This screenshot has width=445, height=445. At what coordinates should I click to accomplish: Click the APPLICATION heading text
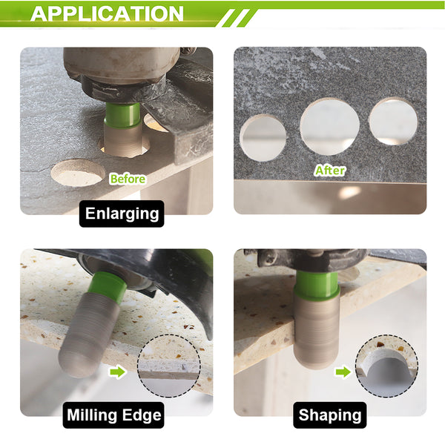[107, 13]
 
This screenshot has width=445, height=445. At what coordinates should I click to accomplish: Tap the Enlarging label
[122, 214]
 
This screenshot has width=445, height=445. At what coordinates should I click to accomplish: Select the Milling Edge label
[113, 415]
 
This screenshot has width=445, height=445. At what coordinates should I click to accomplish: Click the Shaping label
[330, 415]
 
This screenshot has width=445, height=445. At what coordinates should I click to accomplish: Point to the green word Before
[128, 179]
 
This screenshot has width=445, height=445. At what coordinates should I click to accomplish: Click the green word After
[330, 171]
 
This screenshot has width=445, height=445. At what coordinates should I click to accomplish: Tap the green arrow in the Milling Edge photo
[117, 372]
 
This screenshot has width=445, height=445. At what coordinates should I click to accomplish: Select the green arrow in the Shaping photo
[343, 372]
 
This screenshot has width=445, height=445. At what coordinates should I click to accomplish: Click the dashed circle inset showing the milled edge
[169, 366]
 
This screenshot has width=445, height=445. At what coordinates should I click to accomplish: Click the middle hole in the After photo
[330, 127]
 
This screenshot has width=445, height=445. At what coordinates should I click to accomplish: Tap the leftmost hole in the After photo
[263, 138]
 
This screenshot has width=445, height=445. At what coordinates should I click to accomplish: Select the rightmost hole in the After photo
[393, 122]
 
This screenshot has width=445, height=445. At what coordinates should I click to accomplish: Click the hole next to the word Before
[77, 173]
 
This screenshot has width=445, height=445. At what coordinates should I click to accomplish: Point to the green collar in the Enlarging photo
[122, 115]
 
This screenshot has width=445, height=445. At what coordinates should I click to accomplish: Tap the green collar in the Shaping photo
[317, 285]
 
